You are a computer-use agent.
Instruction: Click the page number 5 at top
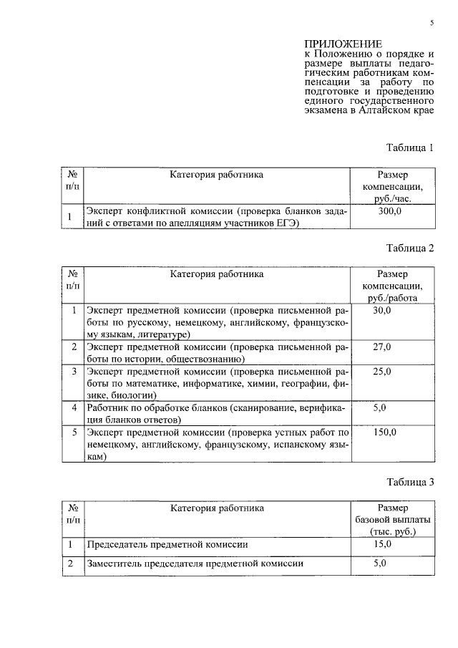click(x=432, y=23)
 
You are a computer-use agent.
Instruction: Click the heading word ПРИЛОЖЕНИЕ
click(x=343, y=44)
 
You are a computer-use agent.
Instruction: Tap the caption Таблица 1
click(x=410, y=148)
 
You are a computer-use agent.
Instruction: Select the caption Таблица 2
click(x=410, y=248)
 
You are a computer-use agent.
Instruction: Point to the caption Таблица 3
click(x=410, y=483)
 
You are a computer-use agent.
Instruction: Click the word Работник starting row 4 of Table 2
click(x=109, y=408)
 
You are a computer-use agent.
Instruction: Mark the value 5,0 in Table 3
click(x=380, y=564)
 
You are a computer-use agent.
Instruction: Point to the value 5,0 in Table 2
click(x=380, y=408)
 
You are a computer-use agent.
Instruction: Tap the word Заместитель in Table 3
click(x=117, y=564)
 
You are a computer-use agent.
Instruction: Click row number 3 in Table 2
click(x=74, y=372)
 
